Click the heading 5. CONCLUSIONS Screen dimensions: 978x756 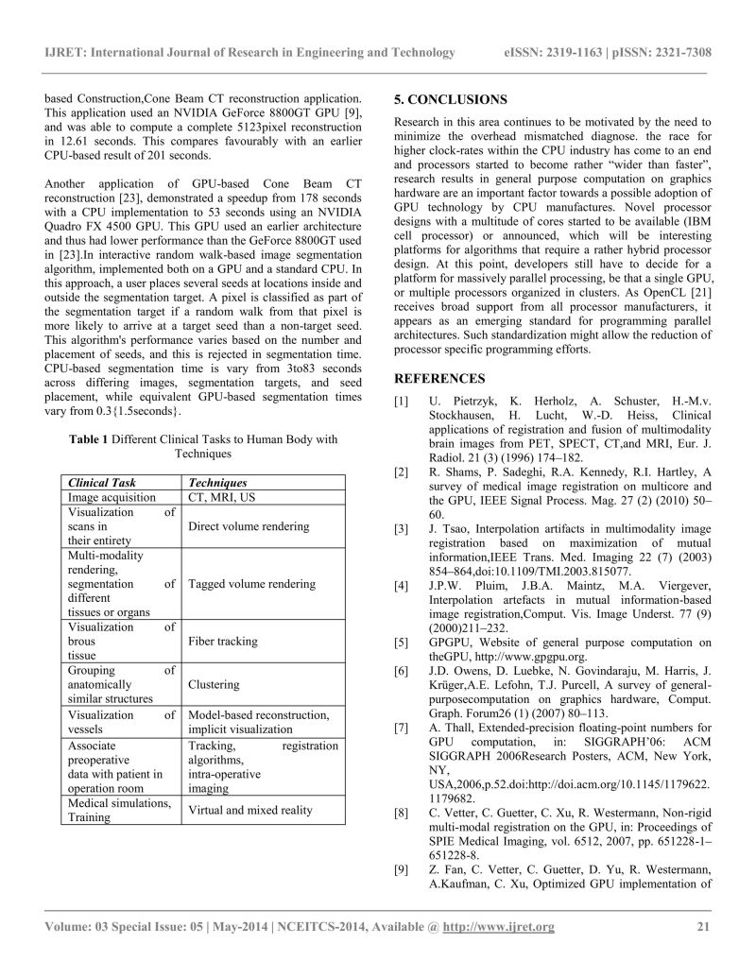pos(450,99)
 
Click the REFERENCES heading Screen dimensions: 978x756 pos(440,379)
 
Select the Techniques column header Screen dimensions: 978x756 pos(218,482)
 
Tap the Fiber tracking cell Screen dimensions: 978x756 pos(223,641)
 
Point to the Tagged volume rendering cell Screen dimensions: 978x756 pos(252,584)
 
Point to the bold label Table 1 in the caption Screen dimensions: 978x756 pos(91,439)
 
